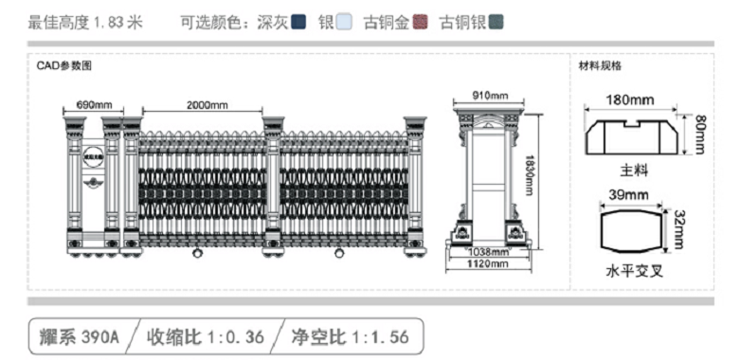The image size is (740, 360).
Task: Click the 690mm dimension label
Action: point(95,103)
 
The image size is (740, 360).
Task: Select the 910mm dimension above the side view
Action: point(490,95)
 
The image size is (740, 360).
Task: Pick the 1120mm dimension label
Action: point(489,264)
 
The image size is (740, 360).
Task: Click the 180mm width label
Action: point(630,99)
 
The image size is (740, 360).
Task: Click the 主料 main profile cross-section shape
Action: point(632,136)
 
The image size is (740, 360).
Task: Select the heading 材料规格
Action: point(600,66)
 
